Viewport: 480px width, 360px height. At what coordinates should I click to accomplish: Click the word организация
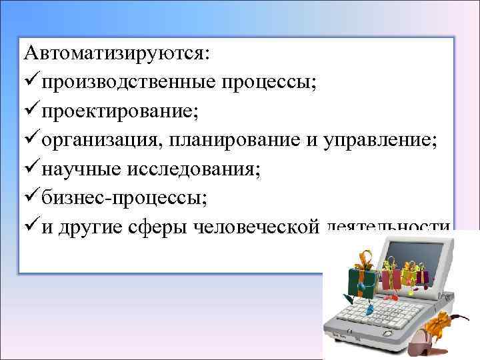point(101,140)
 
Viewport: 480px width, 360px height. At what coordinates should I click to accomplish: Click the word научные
point(78,169)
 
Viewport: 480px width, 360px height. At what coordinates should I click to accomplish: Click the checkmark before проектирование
point(29,111)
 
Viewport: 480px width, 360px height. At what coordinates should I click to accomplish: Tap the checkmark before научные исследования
point(29,169)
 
